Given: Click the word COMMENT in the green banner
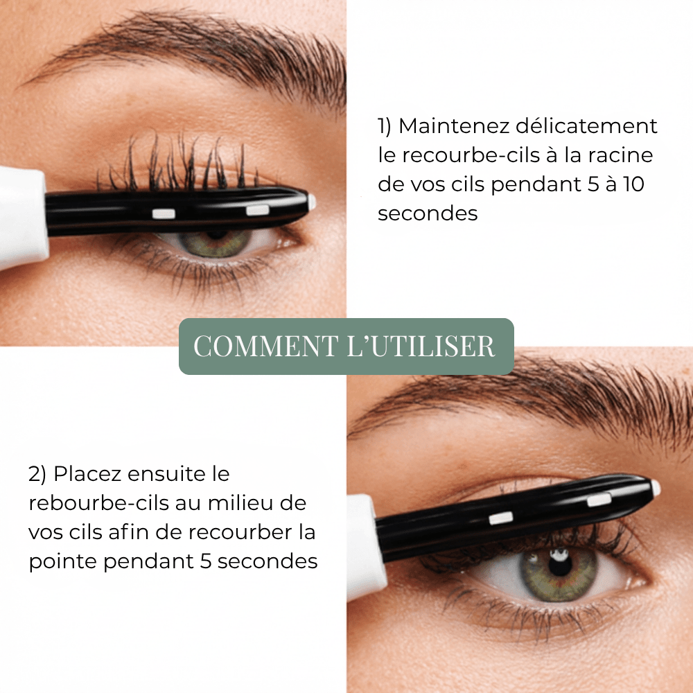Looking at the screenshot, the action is click(266, 346).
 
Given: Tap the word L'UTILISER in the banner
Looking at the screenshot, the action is click(421, 346).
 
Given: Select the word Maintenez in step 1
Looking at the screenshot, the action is click(453, 126).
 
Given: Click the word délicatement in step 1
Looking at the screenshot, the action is click(586, 126).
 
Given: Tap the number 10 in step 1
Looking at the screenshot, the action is click(634, 184).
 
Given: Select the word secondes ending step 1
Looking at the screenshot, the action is click(428, 213).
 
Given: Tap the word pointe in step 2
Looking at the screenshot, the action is click(62, 562).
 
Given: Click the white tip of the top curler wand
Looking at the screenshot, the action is click(312, 202).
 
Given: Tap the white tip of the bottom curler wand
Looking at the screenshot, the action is click(656, 488).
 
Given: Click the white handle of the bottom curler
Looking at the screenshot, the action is click(361, 547).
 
